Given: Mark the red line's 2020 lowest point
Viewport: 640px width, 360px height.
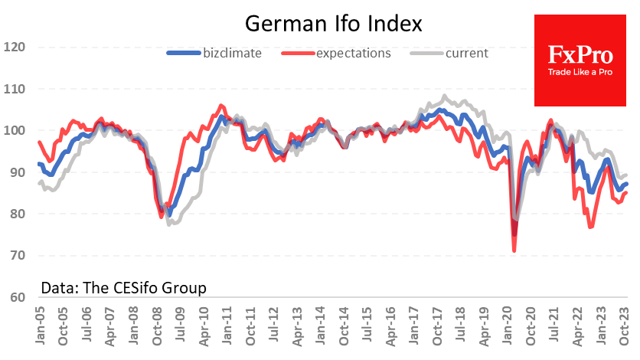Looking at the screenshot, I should point(514,250).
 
